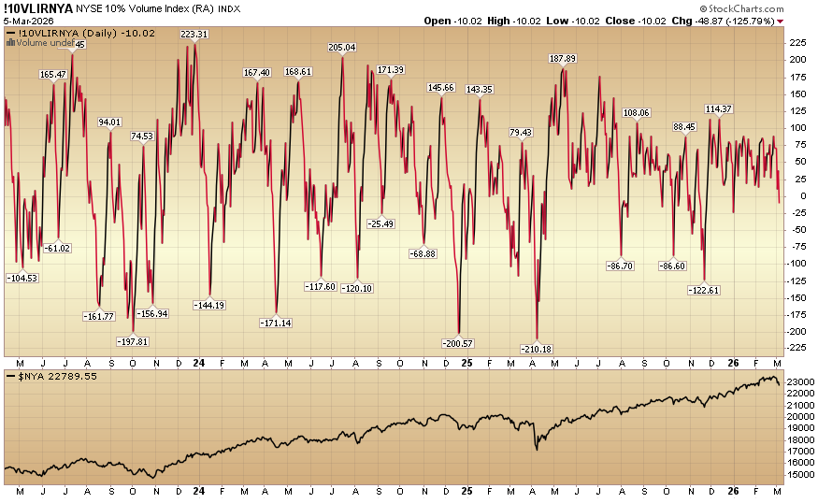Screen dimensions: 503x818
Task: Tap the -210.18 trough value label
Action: [x=537, y=349]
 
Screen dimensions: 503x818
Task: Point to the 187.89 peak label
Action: [x=562, y=59]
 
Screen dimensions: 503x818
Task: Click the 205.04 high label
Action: [x=342, y=48]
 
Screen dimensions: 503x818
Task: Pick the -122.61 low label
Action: [x=704, y=290]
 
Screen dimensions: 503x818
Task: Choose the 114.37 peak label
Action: [x=718, y=109]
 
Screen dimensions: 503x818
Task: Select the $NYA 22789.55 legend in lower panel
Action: [x=51, y=376]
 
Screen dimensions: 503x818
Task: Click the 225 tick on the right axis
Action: [x=798, y=43]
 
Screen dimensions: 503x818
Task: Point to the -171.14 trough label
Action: [x=275, y=323]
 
